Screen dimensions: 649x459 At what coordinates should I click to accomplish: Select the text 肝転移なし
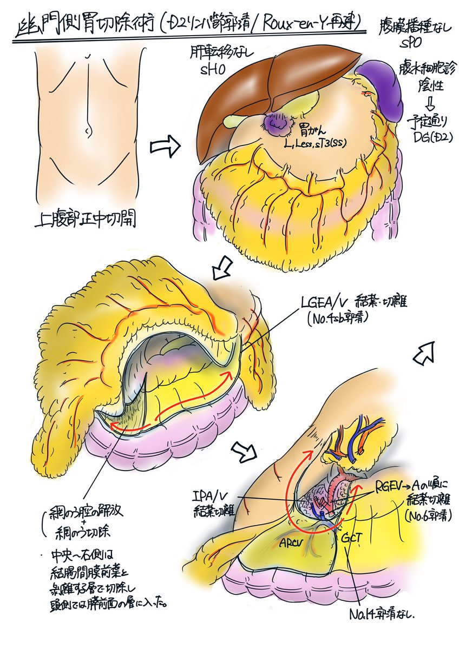tap(219, 52)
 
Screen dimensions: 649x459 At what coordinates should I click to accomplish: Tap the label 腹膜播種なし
tap(419, 28)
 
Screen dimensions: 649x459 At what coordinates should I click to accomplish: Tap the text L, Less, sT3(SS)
tap(316, 143)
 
